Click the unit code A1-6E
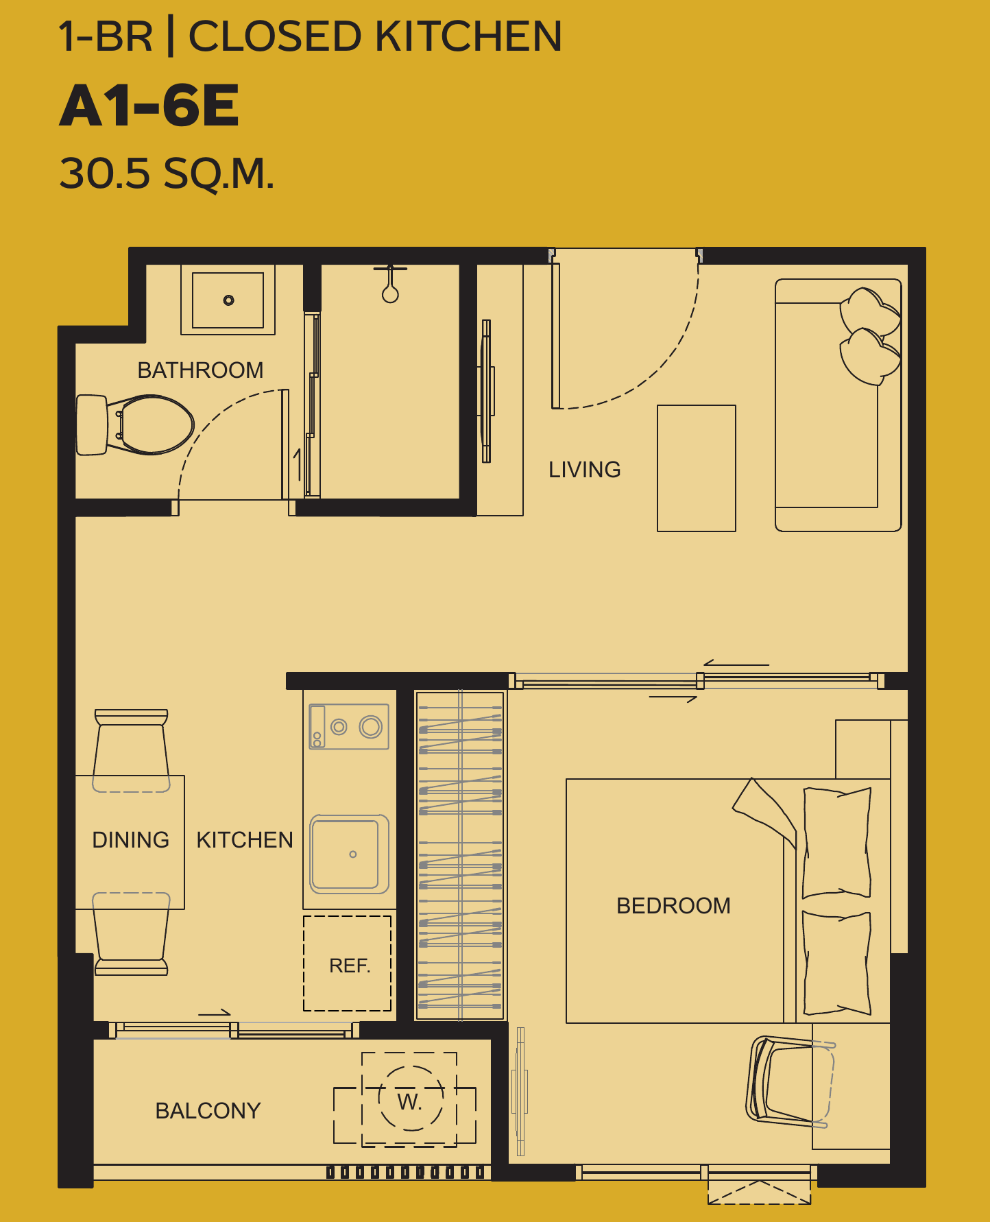coord(149,106)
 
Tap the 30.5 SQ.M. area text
coord(167,173)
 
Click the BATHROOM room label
coord(200,370)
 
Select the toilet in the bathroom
coord(135,424)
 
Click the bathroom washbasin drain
coord(228,300)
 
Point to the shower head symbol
coord(390,285)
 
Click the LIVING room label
coord(585,470)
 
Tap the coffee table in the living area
coord(697,468)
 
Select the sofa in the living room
coord(838,405)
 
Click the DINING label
coord(130,840)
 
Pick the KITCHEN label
coord(245,840)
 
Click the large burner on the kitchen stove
coord(371,726)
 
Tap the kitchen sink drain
coord(353,854)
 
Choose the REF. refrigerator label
coord(350,966)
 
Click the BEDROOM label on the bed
coord(673,906)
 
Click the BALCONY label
coord(208,1111)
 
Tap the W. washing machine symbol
coord(410,1101)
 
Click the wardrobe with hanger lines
coord(460,855)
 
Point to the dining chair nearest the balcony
coord(131,933)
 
